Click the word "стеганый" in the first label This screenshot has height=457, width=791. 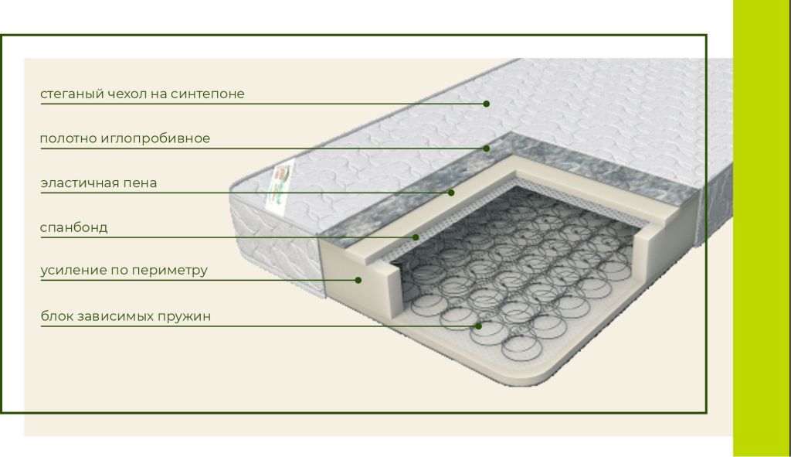[72, 94]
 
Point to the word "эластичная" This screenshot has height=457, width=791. [80, 182]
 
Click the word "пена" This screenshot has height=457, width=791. [141, 183]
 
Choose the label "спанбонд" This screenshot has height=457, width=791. [73, 227]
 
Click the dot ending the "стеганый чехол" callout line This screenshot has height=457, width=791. [487, 104]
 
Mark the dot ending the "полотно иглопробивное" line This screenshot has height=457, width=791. [487, 148]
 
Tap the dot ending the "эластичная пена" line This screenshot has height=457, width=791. [451, 193]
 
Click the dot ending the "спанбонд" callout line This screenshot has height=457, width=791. [416, 237]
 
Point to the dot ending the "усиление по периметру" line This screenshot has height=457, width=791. [358, 280]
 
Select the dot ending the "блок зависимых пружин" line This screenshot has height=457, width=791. [478, 326]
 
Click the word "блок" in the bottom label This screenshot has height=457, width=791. [57, 316]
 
